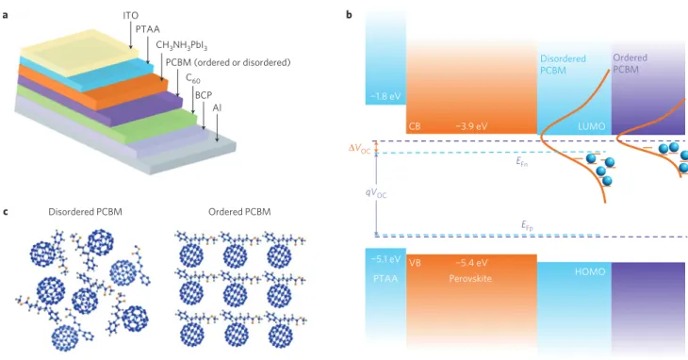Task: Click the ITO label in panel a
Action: [x=130, y=16]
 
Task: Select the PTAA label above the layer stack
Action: [x=147, y=30]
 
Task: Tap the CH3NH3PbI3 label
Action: [x=182, y=45]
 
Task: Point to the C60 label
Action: [x=193, y=78]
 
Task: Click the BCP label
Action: [x=204, y=95]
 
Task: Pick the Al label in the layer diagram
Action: [x=217, y=107]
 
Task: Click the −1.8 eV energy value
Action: [x=384, y=96]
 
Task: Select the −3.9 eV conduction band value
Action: [x=471, y=126]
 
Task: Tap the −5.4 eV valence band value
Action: [x=471, y=263]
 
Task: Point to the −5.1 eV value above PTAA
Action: [x=385, y=259]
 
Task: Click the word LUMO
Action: [x=592, y=126]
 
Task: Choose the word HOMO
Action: [x=590, y=271]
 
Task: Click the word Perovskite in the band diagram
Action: [x=470, y=278]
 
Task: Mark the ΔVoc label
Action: [x=359, y=149]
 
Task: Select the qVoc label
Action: [x=376, y=193]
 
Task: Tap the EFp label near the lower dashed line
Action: [x=528, y=226]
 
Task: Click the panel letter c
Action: [x=6, y=212]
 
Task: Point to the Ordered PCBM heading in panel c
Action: [x=239, y=212]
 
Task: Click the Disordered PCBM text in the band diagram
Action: [x=563, y=64]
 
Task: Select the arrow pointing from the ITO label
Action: [x=131, y=34]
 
